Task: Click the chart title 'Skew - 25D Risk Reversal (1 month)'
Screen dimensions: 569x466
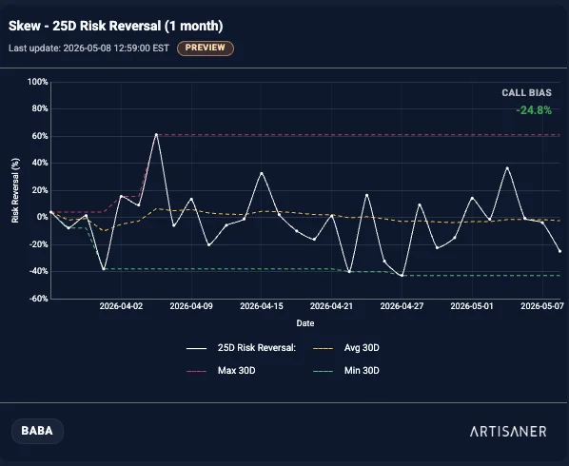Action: [x=116, y=26]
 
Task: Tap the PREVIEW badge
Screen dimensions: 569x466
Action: [x=206, y=48]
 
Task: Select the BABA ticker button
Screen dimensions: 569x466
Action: [x=37, y=431]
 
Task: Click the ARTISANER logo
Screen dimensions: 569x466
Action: [x=508, y=431]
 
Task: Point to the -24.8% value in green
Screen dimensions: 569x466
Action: [x=534, y=110]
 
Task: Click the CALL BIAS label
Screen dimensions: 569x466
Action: [x=526, y=93]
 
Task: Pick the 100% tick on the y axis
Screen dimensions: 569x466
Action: [x=38, y=82]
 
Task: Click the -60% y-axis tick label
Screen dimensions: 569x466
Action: [x=37, y=299]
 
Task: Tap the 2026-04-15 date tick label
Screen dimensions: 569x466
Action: [x=262, y=306]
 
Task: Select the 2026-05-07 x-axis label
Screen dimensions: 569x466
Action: [x=542, y=306]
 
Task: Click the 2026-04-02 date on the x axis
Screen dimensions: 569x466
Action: [x=121, y=306]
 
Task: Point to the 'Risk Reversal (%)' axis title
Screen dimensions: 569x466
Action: [x=15, y=190]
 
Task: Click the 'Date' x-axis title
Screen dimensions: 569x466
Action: [x=305, y=323]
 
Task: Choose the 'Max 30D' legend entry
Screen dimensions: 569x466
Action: [x=221, y=371]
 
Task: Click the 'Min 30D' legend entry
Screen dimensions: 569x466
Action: [x=345, y=371]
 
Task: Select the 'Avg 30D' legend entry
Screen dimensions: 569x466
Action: [x=345, y=348]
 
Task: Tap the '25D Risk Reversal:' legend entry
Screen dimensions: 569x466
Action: [x=241, y=348]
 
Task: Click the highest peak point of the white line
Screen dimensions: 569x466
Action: [x=156, y=134]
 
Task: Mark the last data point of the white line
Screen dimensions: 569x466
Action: [x=559, y=251]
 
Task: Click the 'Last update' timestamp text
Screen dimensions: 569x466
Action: [x=88, y=49]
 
